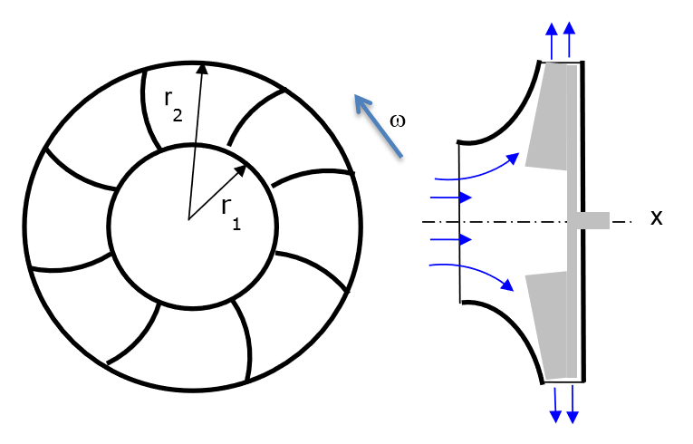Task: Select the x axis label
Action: pyautogui.click(x=657, y=218)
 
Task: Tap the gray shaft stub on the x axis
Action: pyautogui.click(x=590, y=220)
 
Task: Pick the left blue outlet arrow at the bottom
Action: pyautogui.click(x=554, y=403)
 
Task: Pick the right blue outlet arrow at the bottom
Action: pyautogui.click(x=572, y=403)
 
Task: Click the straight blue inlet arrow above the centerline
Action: pyautogui.click(x=450, y=197)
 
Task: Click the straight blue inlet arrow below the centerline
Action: pyautogui.click(x=450, y=240)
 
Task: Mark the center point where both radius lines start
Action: pyautogui.click(x=188, y=219)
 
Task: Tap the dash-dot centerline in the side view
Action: pyautogui.click(x=507, y=221)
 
